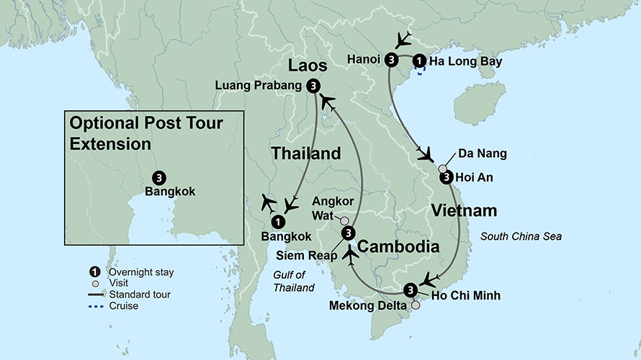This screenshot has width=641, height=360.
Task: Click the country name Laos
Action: tap(308, 66)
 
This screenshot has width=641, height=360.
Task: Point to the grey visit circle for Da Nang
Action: tap(442, 168)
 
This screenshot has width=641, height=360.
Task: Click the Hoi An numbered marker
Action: tap(446, 177)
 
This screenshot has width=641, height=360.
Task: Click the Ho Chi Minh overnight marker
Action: tap(411, 290)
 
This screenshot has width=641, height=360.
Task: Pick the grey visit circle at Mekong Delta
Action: tap(416, 305)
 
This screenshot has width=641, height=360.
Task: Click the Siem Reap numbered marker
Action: tap(348, 233)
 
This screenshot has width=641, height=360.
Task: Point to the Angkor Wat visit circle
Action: tap(345, 221)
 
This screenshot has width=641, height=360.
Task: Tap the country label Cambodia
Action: tap(398, 247)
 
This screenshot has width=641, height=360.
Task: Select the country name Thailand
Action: tap(305, 153)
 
